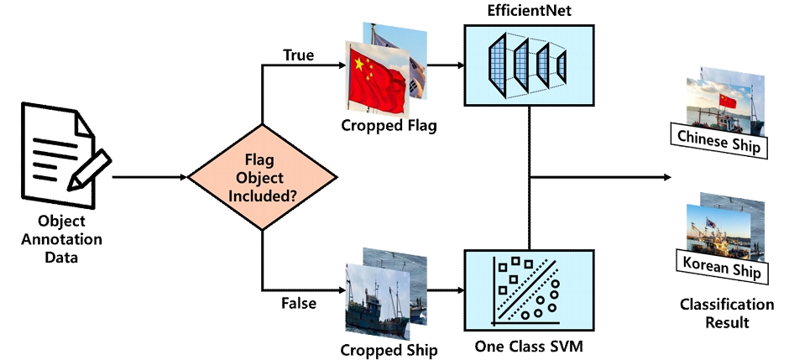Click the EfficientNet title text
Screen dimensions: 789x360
click(530, 11)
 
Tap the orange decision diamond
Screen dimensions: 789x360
click(262, 177)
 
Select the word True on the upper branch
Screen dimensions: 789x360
click(298, 55)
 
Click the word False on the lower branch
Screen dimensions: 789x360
click(299, 303)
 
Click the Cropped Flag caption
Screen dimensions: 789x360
click(389, 125)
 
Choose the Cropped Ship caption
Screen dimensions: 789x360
click(389, 350)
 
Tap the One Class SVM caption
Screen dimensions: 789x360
click(529, 347)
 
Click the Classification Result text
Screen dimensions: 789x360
click(727, 313)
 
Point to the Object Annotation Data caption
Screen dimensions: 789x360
click(61, 239)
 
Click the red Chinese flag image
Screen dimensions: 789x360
click(377, 78)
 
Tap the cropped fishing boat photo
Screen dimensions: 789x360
click(378, 301)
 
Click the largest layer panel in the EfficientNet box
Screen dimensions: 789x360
click(497, 65)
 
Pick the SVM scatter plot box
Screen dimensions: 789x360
click(529, 290)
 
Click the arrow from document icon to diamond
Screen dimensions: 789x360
click(149, 177)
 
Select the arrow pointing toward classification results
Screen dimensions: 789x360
click(600, 177)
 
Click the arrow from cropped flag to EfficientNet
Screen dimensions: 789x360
click(446, 65)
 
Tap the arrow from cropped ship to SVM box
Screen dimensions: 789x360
click(446, 290)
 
